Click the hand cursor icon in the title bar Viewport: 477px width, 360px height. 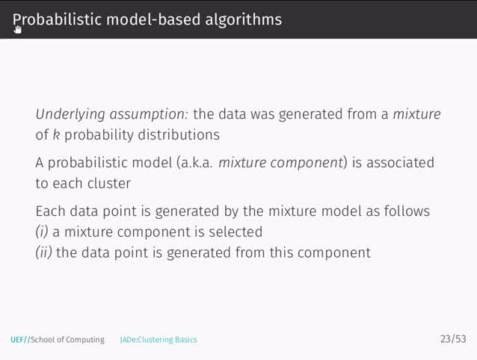[18, 29]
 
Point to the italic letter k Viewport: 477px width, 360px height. [56, 135]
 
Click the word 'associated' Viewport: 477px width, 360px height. [400, 163]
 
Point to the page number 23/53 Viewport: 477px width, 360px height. [452, 340]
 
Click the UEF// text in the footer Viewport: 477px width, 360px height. [19, 340]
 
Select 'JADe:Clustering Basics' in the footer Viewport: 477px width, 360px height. [159, 340]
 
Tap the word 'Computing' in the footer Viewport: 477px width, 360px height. [86, 340]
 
